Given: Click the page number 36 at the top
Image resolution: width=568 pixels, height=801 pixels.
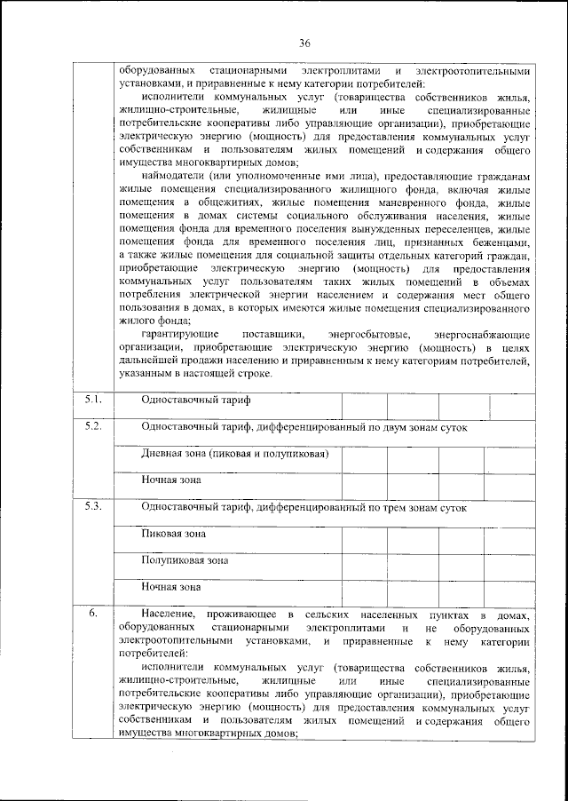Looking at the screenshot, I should [304, 44].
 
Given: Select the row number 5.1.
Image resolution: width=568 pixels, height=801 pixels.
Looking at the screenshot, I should [93, 400].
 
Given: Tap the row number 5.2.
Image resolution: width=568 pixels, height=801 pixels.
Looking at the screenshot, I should [93, 426].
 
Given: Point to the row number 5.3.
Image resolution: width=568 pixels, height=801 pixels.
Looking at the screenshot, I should [93, 507].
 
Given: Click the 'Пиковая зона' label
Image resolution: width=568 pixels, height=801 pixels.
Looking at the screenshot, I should [174, 535].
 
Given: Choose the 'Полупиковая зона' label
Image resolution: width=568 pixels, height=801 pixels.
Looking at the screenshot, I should [185, 561].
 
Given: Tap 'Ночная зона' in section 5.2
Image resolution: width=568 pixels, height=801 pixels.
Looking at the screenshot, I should [171, 480].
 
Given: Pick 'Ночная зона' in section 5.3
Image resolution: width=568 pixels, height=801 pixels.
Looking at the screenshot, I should [171, 587].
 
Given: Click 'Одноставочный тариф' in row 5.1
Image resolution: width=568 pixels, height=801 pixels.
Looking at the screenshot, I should [196, 400].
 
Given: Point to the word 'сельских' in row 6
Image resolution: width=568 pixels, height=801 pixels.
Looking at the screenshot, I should [328, 615].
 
